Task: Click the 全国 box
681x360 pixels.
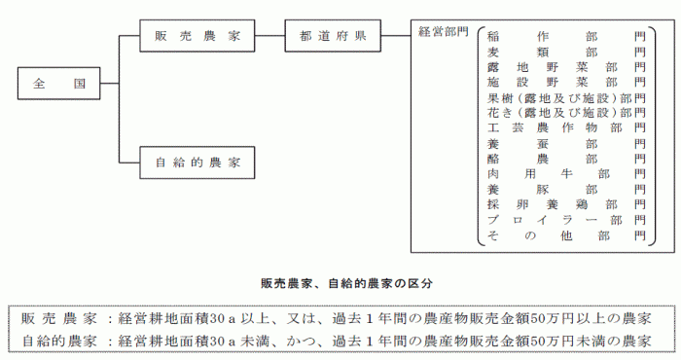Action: pyautogui.click(x=58, y=84)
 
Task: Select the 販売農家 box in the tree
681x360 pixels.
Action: pyautogui.click(x=198, y=37)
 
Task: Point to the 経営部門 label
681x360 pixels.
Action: pyautogui.click(x=443, y=31)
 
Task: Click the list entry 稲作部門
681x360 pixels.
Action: pyautogui.click(x=566, y=36)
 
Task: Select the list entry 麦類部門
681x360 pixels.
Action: pyautogui.click(x=566, y=52)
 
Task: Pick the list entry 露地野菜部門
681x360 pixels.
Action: pyautogui.click(x=566, y=67)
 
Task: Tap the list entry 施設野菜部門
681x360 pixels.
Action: pyautogui.click(x=566, y=83)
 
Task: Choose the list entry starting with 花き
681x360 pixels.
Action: pyautogui.click(x=566, y=113)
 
